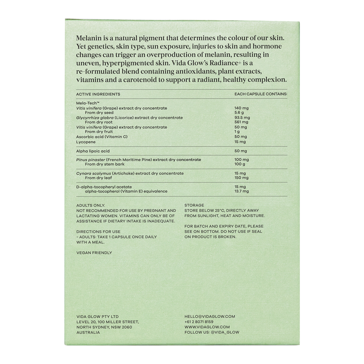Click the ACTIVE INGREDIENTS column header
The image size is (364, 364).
[98, 94]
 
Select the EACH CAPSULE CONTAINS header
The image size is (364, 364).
[261, 94]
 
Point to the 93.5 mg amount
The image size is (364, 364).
[242, 118]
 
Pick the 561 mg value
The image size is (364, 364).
[241, 122]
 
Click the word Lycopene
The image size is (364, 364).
[86, 142]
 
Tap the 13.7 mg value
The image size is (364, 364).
[242, 191]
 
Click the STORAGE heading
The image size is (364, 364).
[194, 205]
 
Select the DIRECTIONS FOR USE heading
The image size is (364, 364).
[98, 232]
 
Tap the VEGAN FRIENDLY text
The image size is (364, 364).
[94, 253]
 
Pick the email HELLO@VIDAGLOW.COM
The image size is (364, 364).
[210, 317]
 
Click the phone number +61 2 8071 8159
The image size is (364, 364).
[199, 322]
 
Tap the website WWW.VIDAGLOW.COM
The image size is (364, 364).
[207, 327]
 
